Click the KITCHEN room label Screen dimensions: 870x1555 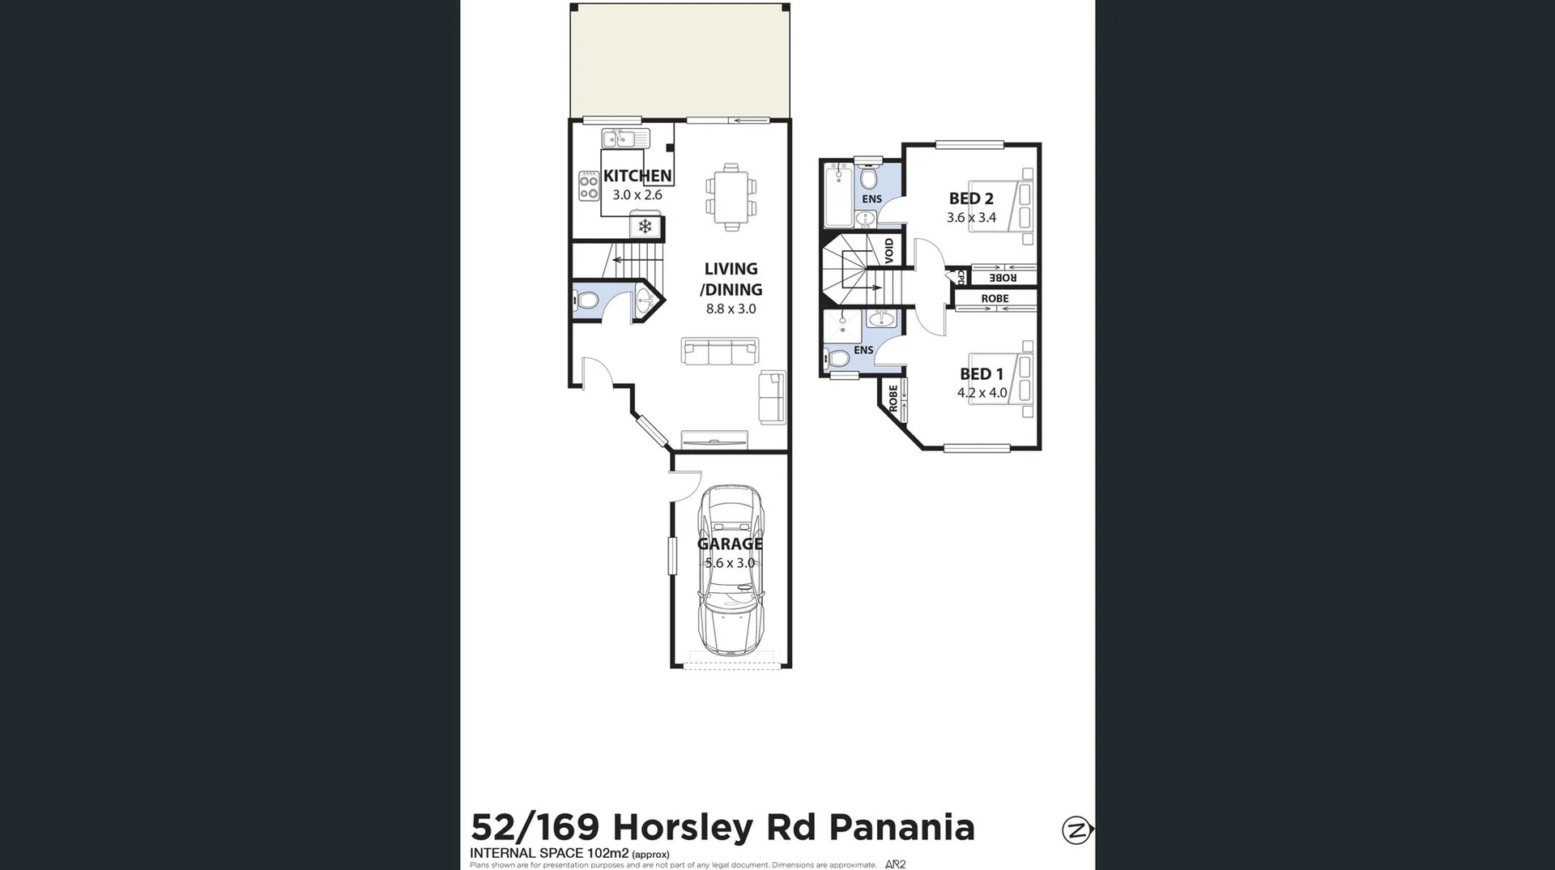point(637,176)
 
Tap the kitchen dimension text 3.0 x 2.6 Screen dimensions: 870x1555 point(637,195)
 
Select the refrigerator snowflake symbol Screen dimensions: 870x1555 point(645,227)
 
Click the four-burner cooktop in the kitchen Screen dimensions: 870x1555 point(589,186)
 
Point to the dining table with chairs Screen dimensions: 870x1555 point(731,197)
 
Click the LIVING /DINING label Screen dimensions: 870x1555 point(731,279)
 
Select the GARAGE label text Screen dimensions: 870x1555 point(730,544)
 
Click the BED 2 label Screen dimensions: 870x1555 point(971,198)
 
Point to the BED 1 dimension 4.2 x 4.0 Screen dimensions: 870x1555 point(982,393)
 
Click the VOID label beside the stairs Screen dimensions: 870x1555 point(889,249)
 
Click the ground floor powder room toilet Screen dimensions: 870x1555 point(586,301)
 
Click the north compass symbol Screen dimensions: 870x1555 point(1077,830)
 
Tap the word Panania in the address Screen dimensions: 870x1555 point(901,828)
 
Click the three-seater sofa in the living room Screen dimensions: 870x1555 point(720,352)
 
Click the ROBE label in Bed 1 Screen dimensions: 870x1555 point(893,397)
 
